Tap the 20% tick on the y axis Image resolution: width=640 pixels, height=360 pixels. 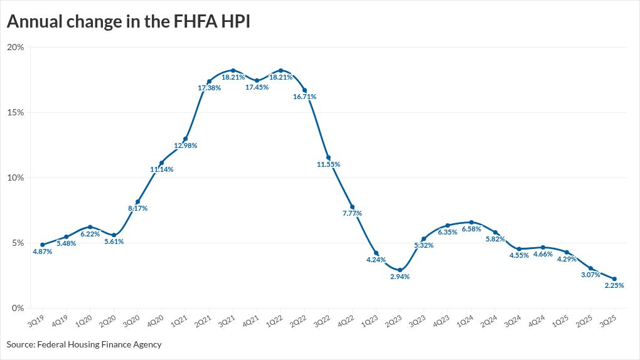click(x=16, y=48)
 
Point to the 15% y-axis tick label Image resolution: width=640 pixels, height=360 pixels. click(x=16, y=113)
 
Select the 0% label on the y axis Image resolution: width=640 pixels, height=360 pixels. click(x=18, y=308)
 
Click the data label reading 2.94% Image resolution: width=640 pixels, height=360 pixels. click(x=399, y=277)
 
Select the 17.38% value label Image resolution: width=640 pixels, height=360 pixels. click(x=209, y=88)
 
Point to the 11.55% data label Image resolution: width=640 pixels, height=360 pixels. click(x=328, y=164)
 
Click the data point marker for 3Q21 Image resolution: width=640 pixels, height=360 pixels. click(x=233, y=70)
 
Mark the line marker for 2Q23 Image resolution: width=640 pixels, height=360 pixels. click(x=400, y=270)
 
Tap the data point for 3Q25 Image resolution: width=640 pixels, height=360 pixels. click(x=614, y=279)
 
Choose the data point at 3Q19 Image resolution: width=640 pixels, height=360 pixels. click(x=42, y=245)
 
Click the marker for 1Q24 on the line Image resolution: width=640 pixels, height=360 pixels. click(x=471, y=222)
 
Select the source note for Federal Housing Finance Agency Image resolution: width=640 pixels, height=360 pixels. click(x=84, y=344)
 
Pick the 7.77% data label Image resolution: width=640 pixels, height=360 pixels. click(x=351, y=213)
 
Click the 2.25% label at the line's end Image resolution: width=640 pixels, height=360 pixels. click(x=614, y=285)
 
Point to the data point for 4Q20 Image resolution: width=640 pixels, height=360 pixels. click(x=161, y=163)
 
